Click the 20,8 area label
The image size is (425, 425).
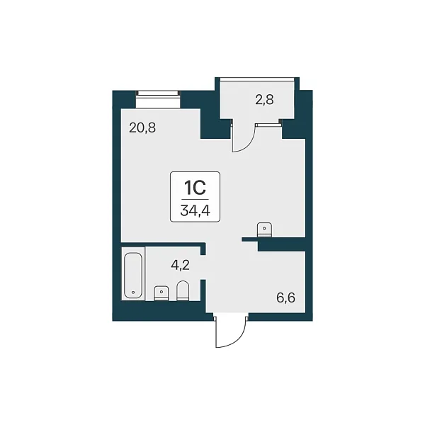[x=142, y=127]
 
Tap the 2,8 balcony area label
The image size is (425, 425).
[x=264, y=100]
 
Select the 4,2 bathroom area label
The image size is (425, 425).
[x=180, y=266]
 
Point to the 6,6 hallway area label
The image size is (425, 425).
[x=285, y=298]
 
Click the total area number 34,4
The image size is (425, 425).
[x=195, y=210]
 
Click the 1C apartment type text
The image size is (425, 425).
[x=195, y=188]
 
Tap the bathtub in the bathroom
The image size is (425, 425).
[x=133, y=275]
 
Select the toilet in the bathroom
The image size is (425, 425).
[x=183, y=290]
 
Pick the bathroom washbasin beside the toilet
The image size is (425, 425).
[x=161, y=293]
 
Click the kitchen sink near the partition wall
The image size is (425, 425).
[x=264, y=229]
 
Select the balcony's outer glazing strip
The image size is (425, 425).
[x=257, y=79]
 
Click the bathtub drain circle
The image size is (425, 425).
[x=133, y=293]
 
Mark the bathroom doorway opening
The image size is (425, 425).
[x=203, y=267]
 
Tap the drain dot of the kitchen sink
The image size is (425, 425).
[x=264, y=229]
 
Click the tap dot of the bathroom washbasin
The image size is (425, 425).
[x=161, y=292]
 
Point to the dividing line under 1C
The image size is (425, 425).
[x=195, y=200]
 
